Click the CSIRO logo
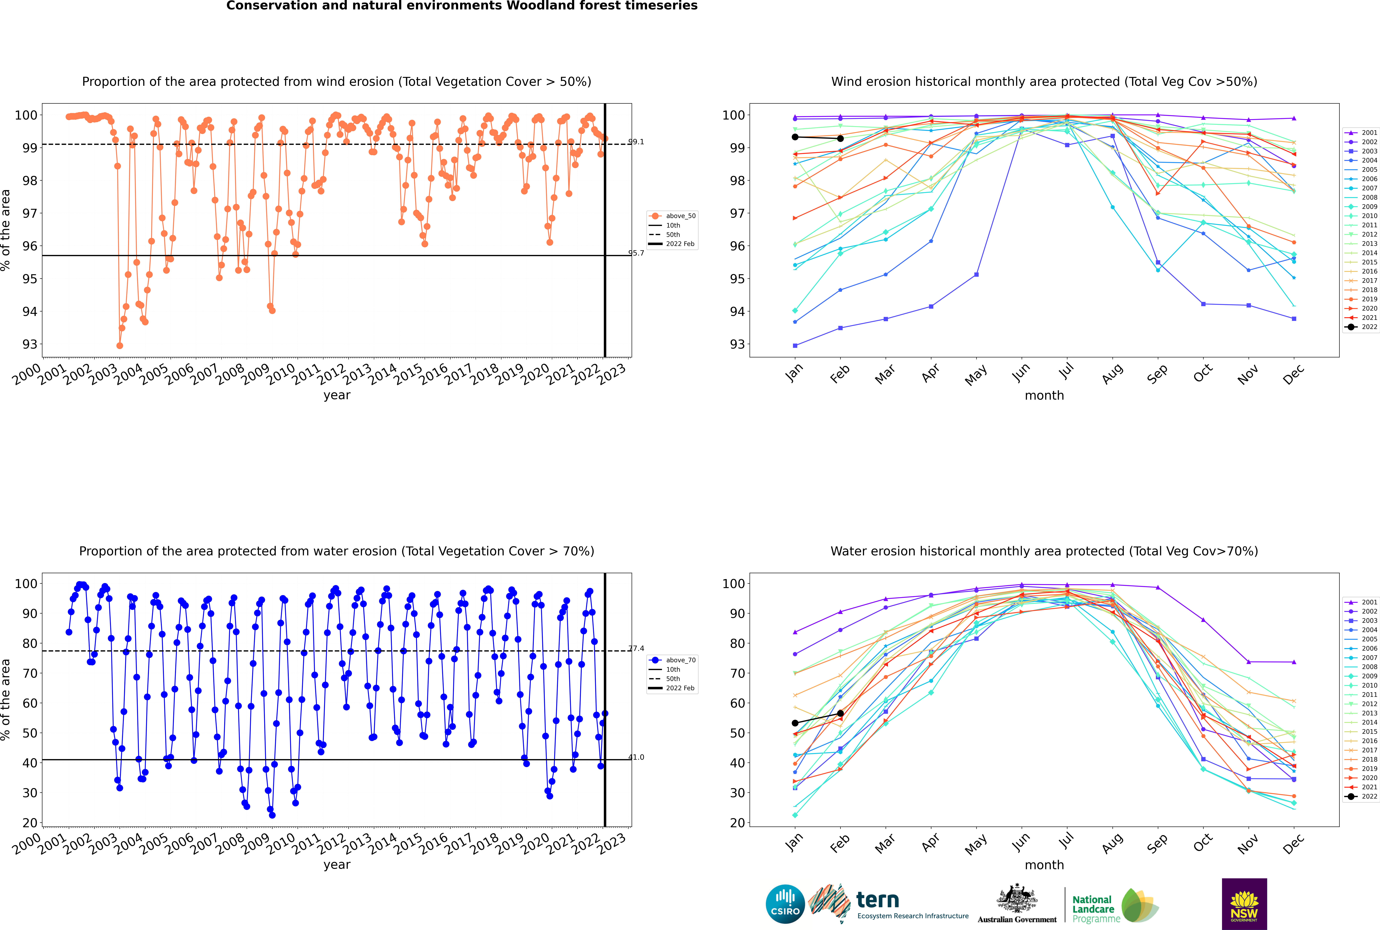(x=785, y=905)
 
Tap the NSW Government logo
(x=1244, y=903)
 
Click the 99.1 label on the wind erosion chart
(x=636, y=142)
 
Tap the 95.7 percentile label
(x=636, y=253)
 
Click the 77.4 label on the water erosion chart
(x=636, y=648)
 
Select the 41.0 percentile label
(x=636, y=757)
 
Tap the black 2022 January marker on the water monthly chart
(x=795, y=723)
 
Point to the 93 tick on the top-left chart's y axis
(x=30, y=345)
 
